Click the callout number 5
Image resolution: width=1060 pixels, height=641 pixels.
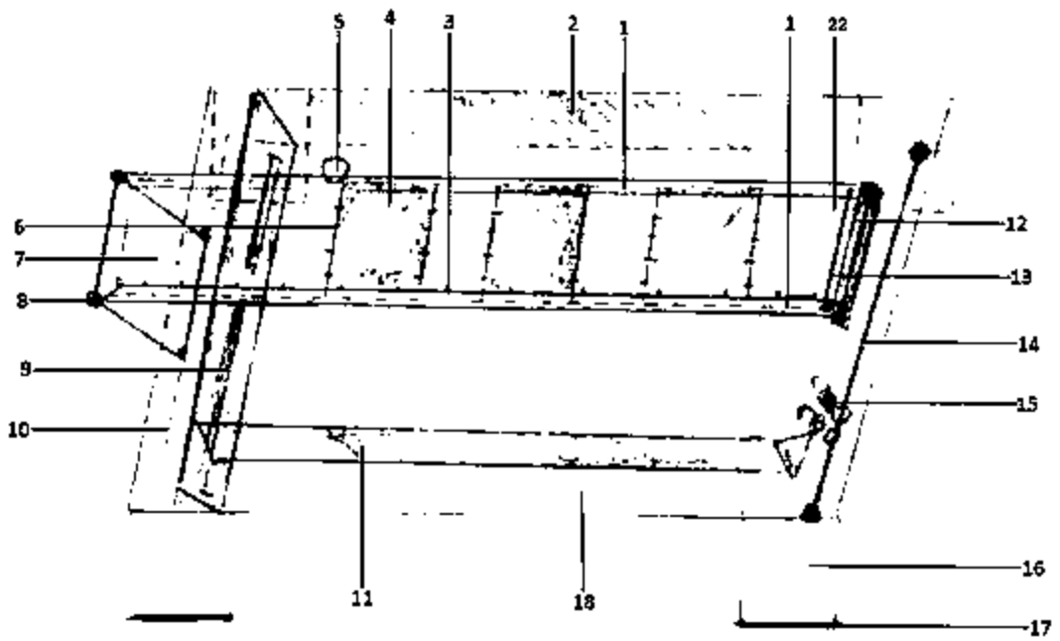[338, 20]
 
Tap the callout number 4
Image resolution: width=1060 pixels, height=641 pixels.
[390, 19]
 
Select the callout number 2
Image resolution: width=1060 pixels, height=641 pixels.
[573, 23]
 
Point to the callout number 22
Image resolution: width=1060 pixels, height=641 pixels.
[837, 24]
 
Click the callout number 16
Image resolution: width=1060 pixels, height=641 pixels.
[1032, 569]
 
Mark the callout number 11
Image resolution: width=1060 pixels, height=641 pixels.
[362, 598]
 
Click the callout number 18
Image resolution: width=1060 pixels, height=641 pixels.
[584, 601]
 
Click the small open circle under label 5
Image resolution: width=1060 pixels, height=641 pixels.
[337, 168]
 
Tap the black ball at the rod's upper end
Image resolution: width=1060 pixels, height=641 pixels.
[919, 152]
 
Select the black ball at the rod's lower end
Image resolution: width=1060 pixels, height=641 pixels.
[811, 513]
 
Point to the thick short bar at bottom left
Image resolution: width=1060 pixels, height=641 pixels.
[180, 617]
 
